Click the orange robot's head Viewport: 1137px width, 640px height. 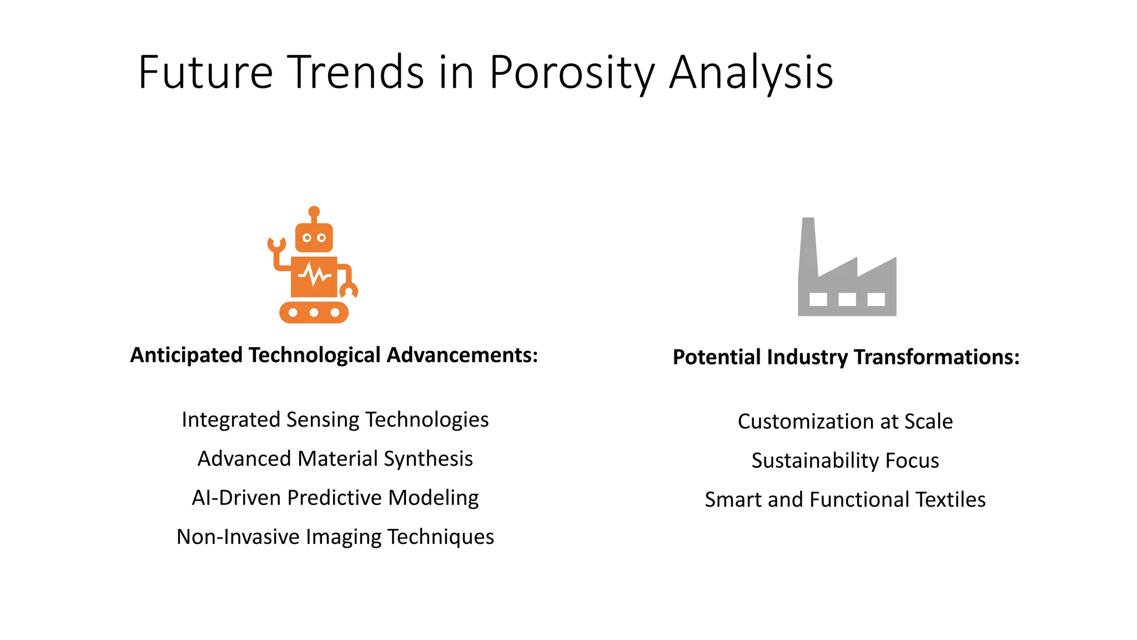tap(314, 238)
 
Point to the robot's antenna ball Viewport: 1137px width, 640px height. tap(314, 211)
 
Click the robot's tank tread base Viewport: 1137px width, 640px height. tap(314, 312)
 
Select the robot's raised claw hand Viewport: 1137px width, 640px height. tap(276, 244)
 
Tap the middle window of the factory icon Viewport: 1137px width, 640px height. tap(847, 299)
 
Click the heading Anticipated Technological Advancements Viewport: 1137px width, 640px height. tap(334, 355)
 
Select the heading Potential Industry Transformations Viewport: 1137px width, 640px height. tap(846, 357)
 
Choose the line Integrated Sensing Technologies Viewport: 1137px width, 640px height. tap(335, 419)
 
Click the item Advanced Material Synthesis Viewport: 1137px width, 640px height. tap(335, 459)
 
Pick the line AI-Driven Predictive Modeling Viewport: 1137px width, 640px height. tap(335, 498)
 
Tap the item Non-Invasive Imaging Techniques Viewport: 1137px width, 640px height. tap(335, 537)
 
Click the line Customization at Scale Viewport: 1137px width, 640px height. tap(845, 422)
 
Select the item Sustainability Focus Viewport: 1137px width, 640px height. tap(845, 461)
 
